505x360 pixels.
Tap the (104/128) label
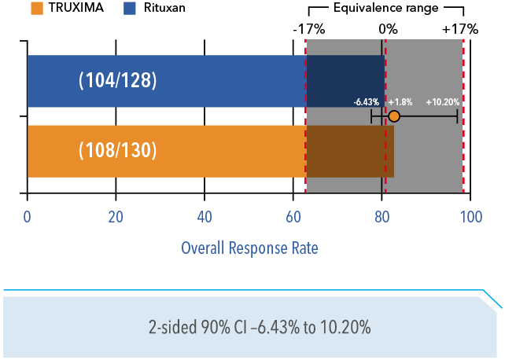click(118, 80)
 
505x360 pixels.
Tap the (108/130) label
click(118, 151)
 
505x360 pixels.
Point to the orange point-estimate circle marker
click(394, 116)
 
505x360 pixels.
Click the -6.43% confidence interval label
click(367, 102)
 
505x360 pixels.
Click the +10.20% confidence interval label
click(443, 102)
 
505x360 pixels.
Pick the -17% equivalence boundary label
click(308, 29)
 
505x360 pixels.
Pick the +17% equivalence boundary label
click(460, 29)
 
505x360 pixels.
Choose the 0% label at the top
click(388, 29)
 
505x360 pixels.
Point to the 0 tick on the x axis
click(28, 217)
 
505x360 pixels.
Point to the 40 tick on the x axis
click(205, 217)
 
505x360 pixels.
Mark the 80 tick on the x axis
click(382, 217)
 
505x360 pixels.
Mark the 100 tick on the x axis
click(470, 217)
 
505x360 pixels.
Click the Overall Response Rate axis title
click(249, 248)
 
